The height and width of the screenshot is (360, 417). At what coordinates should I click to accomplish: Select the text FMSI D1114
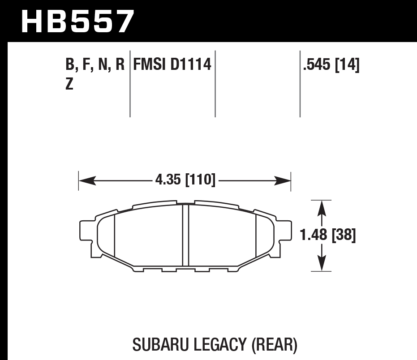click(172, 65)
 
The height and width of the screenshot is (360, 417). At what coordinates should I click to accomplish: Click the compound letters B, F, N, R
click(95, 65)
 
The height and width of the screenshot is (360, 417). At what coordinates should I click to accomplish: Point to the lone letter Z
click(69, 84)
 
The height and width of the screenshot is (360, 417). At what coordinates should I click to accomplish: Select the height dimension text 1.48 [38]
click(328, 235)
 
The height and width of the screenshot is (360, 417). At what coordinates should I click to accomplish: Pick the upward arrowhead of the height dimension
click(321, 208)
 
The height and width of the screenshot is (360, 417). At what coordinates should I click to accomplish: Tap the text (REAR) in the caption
click(274, 345)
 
